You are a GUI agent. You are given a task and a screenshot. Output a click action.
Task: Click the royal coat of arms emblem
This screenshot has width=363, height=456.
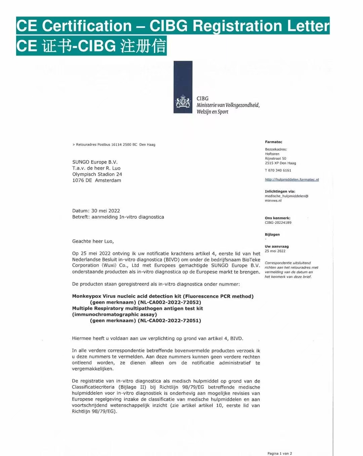click(183, 102)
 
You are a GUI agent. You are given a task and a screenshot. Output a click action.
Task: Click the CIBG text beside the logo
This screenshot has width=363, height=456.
click(202, 98)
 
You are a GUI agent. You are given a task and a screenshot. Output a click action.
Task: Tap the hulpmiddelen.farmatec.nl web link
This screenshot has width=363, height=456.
click(292, 180)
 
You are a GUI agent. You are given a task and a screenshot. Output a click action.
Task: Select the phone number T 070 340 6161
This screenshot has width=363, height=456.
click(278, 170)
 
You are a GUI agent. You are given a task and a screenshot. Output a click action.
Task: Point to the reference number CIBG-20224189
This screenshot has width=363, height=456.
click(278, 223)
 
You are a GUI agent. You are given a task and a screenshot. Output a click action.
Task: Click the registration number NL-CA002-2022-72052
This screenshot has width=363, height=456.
click(169, 302)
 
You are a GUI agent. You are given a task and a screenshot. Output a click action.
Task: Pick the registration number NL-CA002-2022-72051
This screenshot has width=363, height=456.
click(169, 321)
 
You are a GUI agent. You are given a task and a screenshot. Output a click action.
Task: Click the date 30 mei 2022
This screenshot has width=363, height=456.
click(106, 211)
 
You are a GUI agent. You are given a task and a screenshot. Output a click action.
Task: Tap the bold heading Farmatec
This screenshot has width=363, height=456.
click(274, 142)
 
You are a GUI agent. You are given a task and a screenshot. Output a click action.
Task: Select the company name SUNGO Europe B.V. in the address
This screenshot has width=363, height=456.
click(95, 162)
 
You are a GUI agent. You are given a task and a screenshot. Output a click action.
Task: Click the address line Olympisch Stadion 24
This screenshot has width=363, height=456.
click(97, 174)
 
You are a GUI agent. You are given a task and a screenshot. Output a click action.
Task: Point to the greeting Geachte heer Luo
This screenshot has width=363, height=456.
click(93, 241)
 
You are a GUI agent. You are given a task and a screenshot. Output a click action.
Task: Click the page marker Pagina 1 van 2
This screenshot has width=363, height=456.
click(280, 454)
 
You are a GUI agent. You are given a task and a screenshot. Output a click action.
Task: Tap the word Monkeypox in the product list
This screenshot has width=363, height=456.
click(87, 296)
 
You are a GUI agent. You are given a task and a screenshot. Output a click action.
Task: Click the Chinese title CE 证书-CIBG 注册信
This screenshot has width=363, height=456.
click(91, 46)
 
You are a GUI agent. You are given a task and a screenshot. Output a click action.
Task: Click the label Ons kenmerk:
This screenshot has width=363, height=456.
click(278, 218)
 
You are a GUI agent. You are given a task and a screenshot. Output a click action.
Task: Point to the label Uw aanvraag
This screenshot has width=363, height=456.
click(277, 247)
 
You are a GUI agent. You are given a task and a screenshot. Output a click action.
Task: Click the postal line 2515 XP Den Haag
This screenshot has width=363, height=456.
click(280, 163)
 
